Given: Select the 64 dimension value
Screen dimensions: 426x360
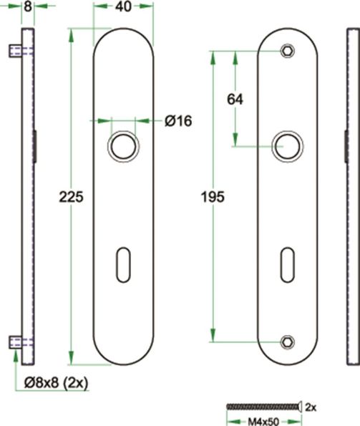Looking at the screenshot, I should click(235, 100).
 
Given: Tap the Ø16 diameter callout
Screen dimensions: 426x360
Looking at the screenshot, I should click(178, 121).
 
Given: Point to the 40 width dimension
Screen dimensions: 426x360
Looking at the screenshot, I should click(123, 7).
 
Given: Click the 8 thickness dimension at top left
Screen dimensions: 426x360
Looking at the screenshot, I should click(27, 7).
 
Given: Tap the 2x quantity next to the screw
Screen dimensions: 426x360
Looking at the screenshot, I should click(311, 407).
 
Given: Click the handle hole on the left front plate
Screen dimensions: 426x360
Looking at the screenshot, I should click(123, 146).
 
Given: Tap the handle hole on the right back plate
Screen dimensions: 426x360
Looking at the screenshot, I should click(287, 146).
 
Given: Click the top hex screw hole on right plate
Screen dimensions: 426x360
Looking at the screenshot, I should click(287, 51).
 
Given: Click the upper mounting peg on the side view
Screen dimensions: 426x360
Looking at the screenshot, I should click(14, 51).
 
